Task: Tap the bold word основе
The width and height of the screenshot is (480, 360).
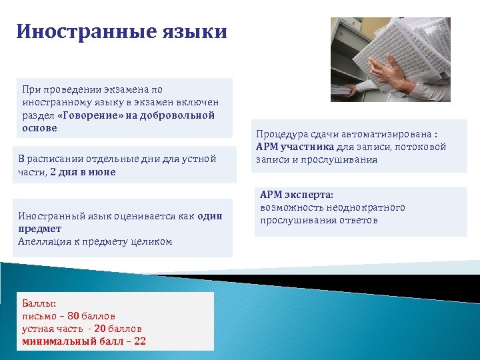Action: (39, 128)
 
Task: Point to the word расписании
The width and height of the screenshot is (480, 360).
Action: (57, 159)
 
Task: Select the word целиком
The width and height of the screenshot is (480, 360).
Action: (153, 241)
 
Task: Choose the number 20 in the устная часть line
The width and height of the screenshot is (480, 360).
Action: (101, 329)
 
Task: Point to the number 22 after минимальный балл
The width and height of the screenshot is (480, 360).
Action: (140, 341)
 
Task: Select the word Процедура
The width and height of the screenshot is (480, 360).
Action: (283, 133)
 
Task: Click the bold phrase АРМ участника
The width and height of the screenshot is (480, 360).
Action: (293, 147)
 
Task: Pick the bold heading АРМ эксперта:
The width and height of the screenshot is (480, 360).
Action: (296, 195)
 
